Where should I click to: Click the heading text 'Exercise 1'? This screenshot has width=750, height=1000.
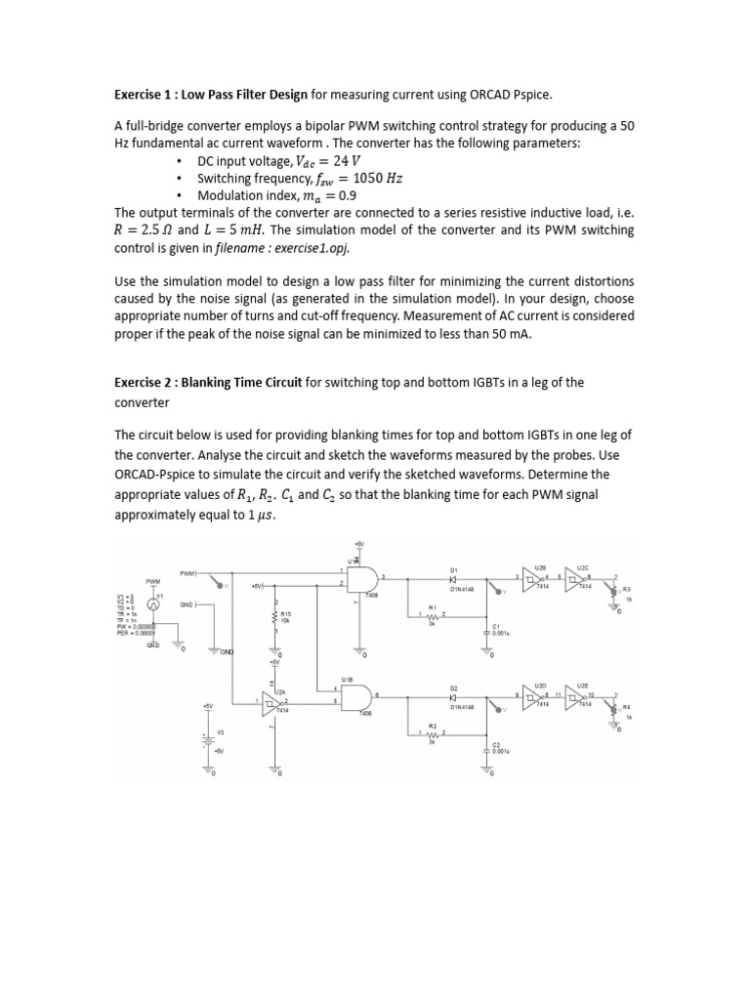(148, 94)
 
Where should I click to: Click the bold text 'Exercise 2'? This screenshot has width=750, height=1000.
(148, 382)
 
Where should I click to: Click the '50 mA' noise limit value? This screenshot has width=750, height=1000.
(550, 333)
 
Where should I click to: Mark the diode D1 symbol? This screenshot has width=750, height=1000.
(453, 578)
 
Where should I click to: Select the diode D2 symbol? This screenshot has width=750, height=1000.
(453, 697)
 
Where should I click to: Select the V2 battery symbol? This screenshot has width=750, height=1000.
(207, 739)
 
